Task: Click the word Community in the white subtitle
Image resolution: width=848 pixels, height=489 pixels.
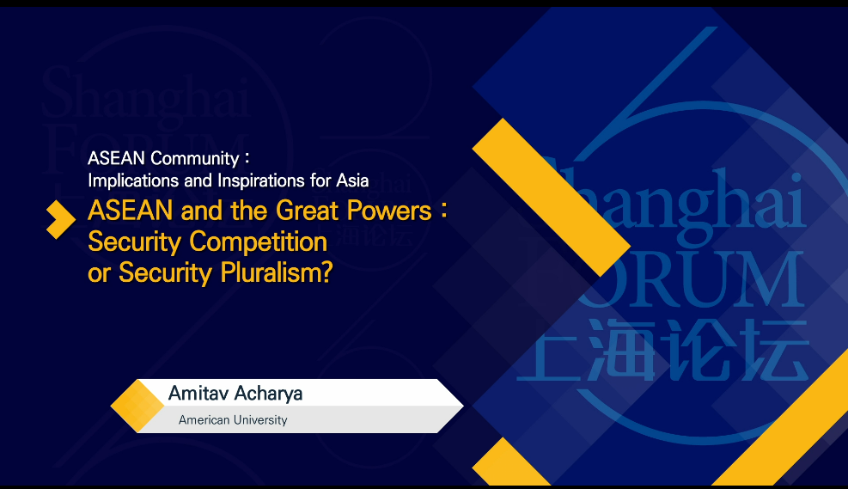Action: pos(195,158)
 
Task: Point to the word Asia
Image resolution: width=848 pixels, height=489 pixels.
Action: pos(352,180)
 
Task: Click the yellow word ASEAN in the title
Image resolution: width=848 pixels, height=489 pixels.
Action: pos(130,211)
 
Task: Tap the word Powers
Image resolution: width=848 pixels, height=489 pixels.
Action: pos(389,211)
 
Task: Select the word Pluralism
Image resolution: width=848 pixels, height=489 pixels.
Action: pos(276,272)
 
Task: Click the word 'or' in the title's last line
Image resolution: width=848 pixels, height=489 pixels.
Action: pos(99,274)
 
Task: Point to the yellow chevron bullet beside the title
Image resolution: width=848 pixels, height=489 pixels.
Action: pos(61,220)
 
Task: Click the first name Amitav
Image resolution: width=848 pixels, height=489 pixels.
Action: pos(197,394)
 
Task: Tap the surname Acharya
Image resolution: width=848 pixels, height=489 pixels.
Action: pos(268,394)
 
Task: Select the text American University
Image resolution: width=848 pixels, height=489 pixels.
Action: pos(233,419)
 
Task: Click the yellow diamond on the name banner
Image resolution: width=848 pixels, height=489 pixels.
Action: pos(137,406)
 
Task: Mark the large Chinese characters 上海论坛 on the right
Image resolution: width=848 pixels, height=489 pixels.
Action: pos(664,351)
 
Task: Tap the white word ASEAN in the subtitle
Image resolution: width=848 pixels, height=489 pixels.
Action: pos(116,158)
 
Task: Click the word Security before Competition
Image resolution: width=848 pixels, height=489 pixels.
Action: pos(135,241)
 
